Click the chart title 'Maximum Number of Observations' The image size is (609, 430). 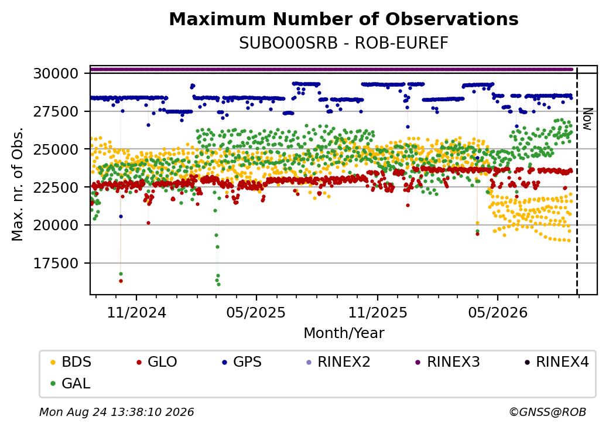click(344, 19)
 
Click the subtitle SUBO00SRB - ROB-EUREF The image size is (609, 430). click(344, 43)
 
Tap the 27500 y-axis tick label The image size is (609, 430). click(56, 111)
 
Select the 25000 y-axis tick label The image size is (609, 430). click(56, 149)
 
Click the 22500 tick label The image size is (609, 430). click(56, 187)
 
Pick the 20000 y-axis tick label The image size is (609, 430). click(56, 226)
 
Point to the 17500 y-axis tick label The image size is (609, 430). click(56, 264)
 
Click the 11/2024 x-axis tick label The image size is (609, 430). click(136, 313)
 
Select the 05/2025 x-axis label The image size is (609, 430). click(256, 313)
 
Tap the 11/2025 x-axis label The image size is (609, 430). click(378, 313)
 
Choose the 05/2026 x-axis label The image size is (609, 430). click(498, 313)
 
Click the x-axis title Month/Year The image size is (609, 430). click(344, 333)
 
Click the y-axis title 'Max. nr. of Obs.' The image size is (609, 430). click(18, 184)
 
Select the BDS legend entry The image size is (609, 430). click(71, 362)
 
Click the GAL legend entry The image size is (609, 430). click(71, 383)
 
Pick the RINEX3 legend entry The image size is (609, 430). click(448, 362)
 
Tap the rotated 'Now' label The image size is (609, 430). click(588, 120)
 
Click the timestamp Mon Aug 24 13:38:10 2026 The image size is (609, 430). click(117, 412)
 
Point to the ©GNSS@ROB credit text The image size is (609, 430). click(548, 412)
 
